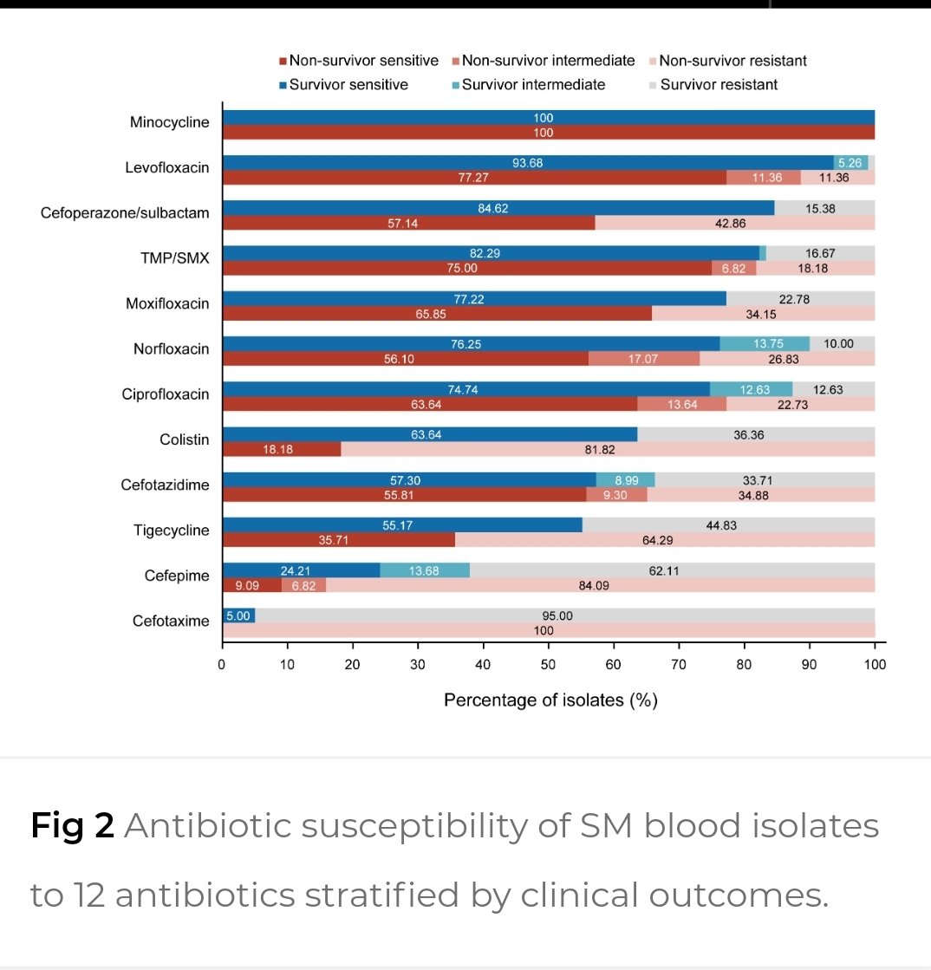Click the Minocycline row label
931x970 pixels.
coord(169,122)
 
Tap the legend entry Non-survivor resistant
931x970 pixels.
coord(732,61)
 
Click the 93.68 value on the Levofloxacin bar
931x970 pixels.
coord(528,163)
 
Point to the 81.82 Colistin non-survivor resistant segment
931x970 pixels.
coord(607,449)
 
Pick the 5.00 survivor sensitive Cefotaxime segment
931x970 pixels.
coord(238,615)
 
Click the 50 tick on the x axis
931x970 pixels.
coord(549,665)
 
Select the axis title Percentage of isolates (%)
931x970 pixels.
coord(550,700)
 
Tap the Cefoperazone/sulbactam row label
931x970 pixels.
coord(125,212)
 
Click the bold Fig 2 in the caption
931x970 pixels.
coord(73,826)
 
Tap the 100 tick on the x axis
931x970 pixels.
coord(875,665)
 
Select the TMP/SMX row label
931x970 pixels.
coord(181,257)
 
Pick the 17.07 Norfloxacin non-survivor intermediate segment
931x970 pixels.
coord(643,359)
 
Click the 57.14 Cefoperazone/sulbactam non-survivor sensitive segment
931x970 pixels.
coord(408,223)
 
